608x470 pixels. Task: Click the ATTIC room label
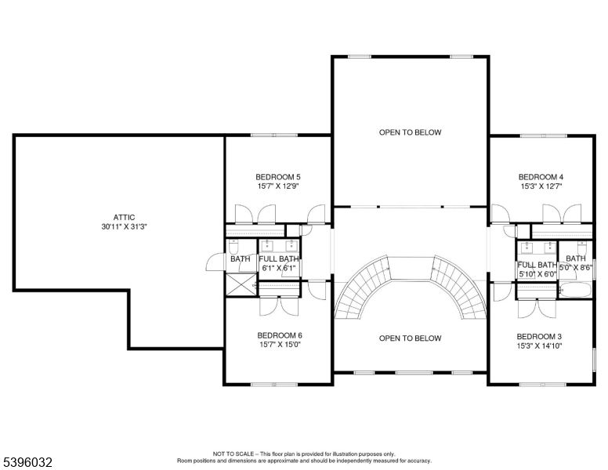[x=124, y=217]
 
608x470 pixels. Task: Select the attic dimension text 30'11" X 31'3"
[x=124, y=227]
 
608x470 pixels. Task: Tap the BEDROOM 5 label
[x=278, y=176]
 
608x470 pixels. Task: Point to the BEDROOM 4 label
[x=541, y=176]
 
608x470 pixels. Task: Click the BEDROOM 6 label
[x=279, y=335]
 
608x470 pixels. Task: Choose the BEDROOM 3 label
[x=539, y=335]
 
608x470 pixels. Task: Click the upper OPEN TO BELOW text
[x=410, y=132]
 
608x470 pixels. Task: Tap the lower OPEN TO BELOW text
[x=410, y=338]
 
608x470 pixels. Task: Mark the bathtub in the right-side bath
[x=576, y=291]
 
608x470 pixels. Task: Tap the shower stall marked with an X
[x=242, y=284]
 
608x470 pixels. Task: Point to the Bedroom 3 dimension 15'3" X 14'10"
[x=539, y=345]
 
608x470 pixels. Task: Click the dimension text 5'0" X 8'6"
[x=576, y=268]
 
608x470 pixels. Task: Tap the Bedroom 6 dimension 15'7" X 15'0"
[x=279, y=345]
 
